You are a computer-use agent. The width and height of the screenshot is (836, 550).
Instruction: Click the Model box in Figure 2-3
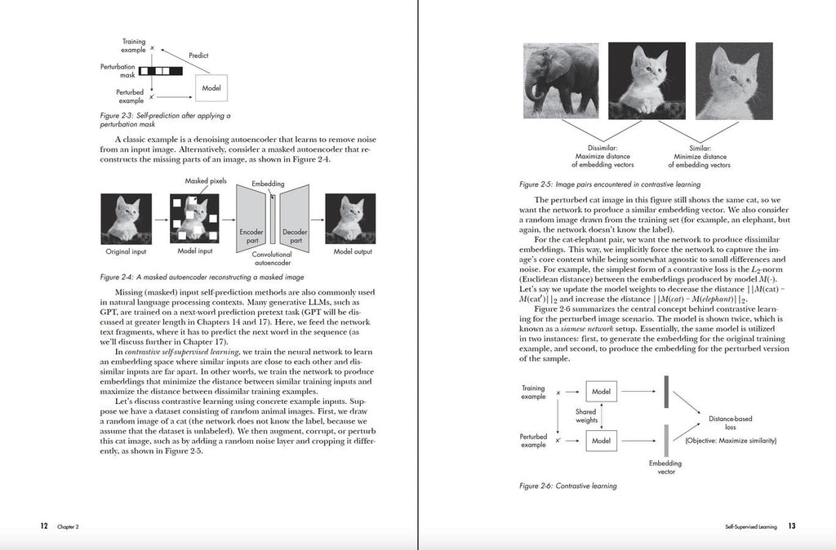pyautogui.click(x=211, y=86)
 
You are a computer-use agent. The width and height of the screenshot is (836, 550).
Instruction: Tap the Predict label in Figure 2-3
pyautogui.click(x=198, y=55)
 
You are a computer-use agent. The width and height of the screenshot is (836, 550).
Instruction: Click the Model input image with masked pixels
pyautogui.click(x=195, y=220)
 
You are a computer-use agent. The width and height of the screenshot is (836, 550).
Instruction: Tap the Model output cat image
pyautogui.click(x=351, y=220)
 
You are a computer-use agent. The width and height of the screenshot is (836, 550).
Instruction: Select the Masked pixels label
pyautogui.click(x=206, y=180)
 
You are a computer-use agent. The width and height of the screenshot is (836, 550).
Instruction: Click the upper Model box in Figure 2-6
pyautogui.click(x=601, y=393)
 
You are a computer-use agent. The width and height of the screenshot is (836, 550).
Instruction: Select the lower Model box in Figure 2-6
pyautogui.click(x=601, y=441)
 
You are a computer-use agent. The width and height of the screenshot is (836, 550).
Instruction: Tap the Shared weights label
pyautogui.click(x=585, y=417)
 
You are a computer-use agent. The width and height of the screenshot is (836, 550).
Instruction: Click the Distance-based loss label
pyautogui.click(x=729, y=423)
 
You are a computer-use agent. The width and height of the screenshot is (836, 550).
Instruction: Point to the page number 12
pyautogui.click(x=45, y=526)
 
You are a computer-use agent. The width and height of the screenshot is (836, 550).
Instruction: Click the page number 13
pyautogui.click(x=791, y=526)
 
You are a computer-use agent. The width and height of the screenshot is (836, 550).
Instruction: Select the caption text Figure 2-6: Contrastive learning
pyautogui.click(x=567, y=486)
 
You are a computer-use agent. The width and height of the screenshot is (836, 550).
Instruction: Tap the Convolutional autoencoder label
pyautogui.click(x=272, y=259)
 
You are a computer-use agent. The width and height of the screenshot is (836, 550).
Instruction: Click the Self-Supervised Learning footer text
pyautogui.click(x=750, y=527)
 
